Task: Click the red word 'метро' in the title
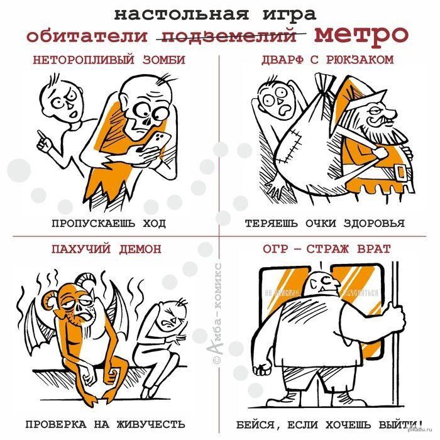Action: pyautogui.click(x=360, y=34)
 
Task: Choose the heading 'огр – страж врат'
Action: pyautogui.click(x=327, y=249)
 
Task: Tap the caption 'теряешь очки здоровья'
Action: pyautogui.click(x=324, y=223)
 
